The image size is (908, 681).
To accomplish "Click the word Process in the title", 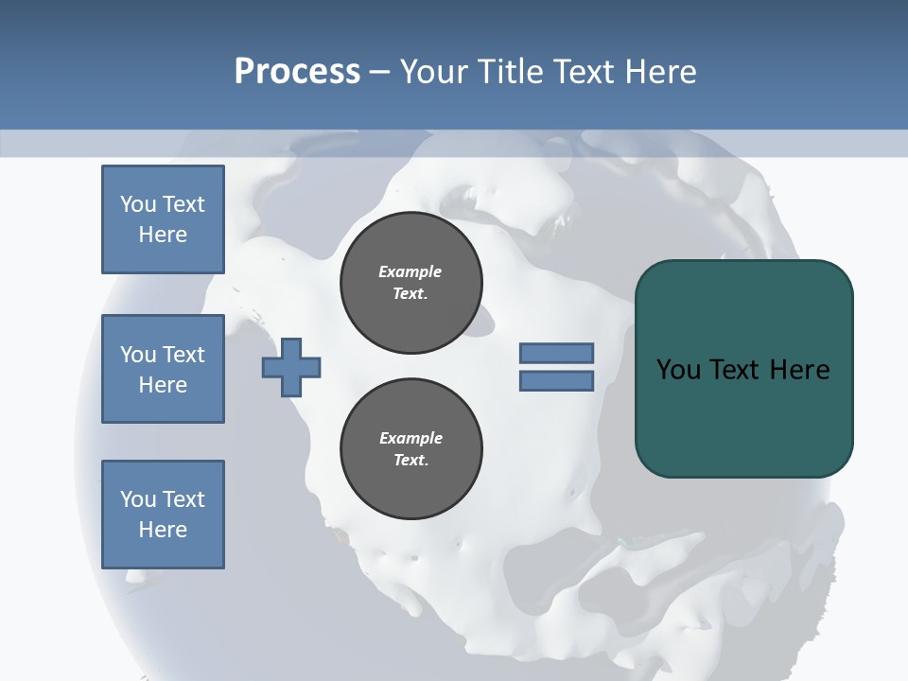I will [x=297, y=72].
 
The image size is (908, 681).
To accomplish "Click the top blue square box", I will [x=163, y=219].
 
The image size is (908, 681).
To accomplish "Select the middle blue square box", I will [x=163, y=369].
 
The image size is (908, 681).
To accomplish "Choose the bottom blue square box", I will [x=163, y=515].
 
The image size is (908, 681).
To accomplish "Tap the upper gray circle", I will [x=410, y=283].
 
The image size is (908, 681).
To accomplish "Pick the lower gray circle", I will [x=410, y=449].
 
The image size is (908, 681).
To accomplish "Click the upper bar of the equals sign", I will [x=556, y=354].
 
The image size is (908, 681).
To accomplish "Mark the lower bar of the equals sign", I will [x=556, y=381].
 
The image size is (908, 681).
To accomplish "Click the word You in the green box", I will [x=678, y=370].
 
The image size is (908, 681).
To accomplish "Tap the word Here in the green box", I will [x=800, y=370].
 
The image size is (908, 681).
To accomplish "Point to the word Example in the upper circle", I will [x=410, y=271].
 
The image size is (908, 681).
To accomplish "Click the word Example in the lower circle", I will [x=410, y=438].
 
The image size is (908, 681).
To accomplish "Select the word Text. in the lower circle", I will [x=410, y=461].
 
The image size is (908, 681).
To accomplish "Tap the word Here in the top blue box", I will [x=163, y=235].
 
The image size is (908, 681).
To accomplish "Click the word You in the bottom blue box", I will [x=138, y=499].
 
